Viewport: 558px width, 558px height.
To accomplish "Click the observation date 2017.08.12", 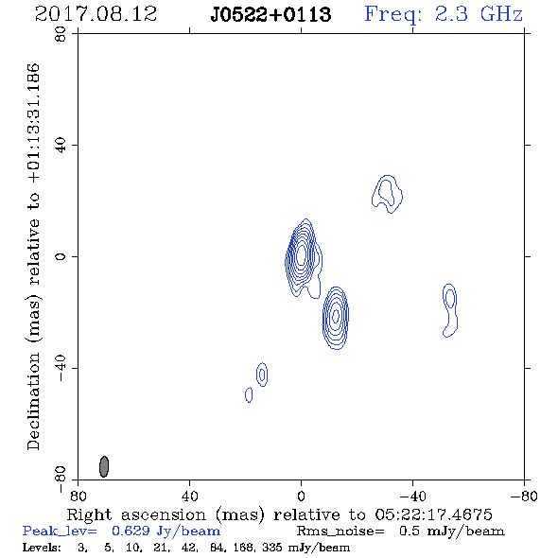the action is [x=96, y=14].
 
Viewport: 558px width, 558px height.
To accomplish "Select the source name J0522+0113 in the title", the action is [x=270, y=15].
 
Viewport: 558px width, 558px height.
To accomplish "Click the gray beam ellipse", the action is [x=103, y=466].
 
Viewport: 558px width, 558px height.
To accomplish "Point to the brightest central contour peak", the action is [x=301, y=254].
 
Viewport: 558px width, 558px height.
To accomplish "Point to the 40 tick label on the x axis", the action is [x=189, y=496].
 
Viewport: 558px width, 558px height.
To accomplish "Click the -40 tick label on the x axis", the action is [x=412, y=496].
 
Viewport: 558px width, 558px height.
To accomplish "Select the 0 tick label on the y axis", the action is [x=61, y=256].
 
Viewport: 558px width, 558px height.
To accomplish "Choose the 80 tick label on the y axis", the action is [x=61, y=34].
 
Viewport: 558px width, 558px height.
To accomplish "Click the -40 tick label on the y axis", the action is [x=61, y=368].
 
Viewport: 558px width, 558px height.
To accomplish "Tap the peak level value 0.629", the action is [x=131, y=531].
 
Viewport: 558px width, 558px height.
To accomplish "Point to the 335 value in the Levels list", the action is [x=271, y=548].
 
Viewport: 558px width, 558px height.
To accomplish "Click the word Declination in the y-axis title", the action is [x=33, y=401].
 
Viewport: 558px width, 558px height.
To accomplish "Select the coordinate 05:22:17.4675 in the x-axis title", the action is [x=433, y=514].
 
